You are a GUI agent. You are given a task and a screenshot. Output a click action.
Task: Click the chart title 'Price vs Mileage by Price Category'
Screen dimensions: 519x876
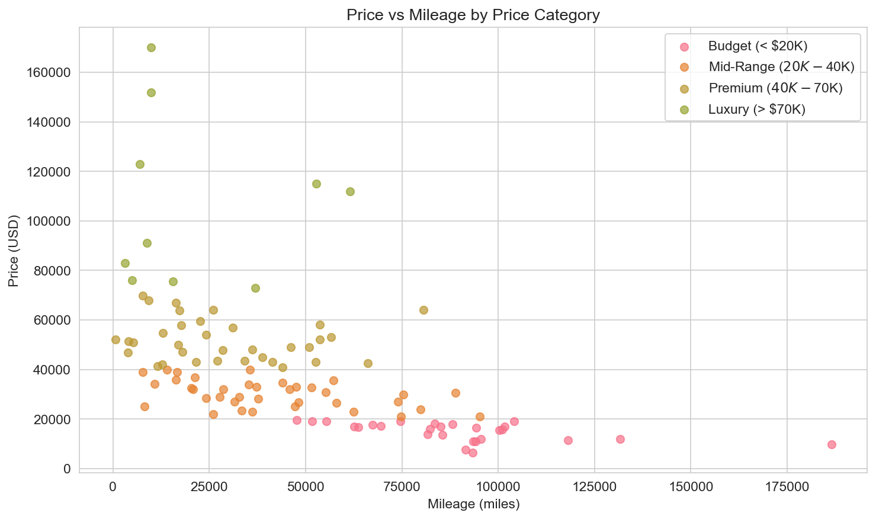(473, 15)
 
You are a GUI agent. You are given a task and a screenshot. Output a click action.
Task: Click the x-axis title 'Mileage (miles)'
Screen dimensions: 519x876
(473, 504)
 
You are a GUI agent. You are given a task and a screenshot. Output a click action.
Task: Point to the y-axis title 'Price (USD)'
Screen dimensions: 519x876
(14, 251)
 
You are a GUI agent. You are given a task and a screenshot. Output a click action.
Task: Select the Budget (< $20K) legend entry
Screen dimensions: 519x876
(758, 46)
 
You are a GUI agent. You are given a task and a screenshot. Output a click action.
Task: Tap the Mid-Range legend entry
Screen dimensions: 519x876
(781, 67)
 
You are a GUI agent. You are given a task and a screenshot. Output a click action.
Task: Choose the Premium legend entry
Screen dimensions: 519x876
(775, 88)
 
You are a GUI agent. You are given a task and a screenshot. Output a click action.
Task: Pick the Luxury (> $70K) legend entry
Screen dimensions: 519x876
(756, 109)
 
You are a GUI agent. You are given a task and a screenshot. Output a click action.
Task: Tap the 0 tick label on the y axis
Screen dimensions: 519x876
(68, 469)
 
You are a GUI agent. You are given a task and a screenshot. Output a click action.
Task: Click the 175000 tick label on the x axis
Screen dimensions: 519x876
(787, 486)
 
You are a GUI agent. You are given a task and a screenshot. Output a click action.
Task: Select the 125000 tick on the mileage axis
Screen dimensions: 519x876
(594, 486)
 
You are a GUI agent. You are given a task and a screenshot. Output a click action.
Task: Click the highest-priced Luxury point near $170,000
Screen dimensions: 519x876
(151, 47)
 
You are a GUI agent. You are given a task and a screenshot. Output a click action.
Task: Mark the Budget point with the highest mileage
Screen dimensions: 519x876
(832, 444)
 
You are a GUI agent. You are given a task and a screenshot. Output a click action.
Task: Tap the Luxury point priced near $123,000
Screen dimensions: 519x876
(140, 164)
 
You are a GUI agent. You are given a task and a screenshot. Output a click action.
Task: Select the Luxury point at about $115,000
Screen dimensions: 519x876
(316, 184)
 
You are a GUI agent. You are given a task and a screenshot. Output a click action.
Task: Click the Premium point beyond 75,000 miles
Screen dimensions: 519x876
(423, 310)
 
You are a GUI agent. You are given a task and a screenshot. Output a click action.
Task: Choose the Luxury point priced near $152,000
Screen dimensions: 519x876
(151, 92)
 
